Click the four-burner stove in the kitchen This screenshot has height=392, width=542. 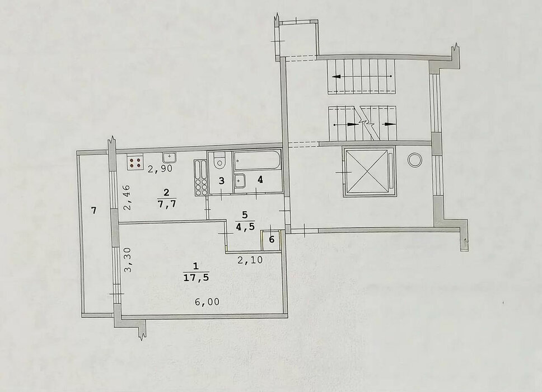(x=135, y=163)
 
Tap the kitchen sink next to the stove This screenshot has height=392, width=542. (x=169, y=157)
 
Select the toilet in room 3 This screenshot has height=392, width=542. (x=219, y=160)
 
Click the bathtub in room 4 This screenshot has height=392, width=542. (x=256, y=160)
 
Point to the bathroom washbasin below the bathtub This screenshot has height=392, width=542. (x=239, y=180)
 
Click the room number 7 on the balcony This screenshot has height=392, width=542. (x=94, y=210)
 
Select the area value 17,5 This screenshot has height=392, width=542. (x=196, y=277)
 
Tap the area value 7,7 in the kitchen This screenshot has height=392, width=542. (x=167, y=204)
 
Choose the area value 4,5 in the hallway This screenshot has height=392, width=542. (x=245, y=226)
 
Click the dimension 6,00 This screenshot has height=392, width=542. (x=207, y=302)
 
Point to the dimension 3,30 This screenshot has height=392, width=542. (x=128, y=260)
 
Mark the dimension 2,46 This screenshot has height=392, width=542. (x=127, y=197)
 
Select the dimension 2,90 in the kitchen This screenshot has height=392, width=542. (x=160, y=169)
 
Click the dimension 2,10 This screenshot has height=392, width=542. (x=250, y=259)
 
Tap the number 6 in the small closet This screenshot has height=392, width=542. (x=272, y=239)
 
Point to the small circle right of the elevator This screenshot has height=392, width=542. (x=414, y=160)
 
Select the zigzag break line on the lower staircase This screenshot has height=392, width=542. (x=366, y=123)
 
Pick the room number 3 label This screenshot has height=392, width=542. (x=222, y=180)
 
